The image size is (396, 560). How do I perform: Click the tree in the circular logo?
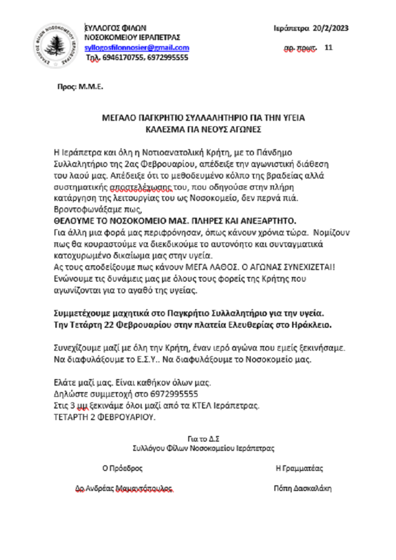[x=55, y=46]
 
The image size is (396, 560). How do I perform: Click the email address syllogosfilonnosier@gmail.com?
[x=137, y=48]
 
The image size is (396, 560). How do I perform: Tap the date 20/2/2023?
[x=330, y=28]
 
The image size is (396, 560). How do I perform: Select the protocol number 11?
[x=328, y=48]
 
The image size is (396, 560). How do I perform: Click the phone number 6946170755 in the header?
[x=123, y=58]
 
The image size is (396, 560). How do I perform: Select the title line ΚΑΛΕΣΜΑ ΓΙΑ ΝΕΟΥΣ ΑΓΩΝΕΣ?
[x=203, y=129]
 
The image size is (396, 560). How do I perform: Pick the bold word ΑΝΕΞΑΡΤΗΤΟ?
[x=268, y=221]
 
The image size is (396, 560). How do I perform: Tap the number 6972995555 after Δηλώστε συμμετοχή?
[x=174, y=394]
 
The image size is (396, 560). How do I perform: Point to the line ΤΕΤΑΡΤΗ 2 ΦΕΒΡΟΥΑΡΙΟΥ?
[x=104, y=417]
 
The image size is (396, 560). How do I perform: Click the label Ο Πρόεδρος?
[x=122, y=468]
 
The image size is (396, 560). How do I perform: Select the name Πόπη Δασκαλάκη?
[x=302, y=488]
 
